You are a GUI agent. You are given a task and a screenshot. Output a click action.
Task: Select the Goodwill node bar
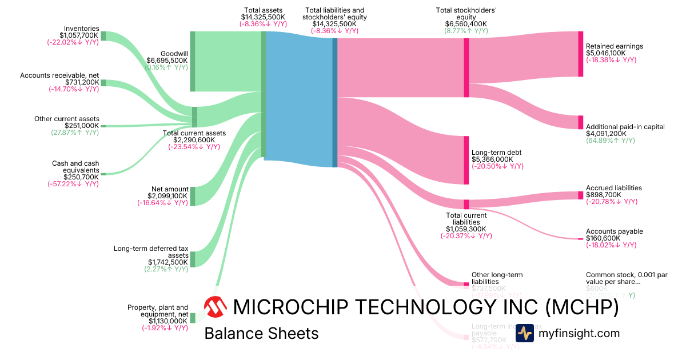tap(193, 61)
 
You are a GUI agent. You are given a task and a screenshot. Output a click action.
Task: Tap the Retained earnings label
tap(615, 46)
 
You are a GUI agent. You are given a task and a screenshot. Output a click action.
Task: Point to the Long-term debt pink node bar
tap(466, 160)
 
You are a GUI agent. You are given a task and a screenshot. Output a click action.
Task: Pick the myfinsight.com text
tap(579, 333)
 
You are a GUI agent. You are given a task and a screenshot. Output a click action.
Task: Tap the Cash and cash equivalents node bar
tap(103, 174)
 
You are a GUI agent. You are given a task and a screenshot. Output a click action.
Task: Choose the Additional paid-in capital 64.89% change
tap(610, 141)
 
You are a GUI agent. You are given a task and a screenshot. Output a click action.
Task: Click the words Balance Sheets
tap(261, 333)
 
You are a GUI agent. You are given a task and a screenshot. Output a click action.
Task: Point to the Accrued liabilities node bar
tap(580, 195)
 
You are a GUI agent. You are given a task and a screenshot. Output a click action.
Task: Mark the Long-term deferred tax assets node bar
tap(193, 259)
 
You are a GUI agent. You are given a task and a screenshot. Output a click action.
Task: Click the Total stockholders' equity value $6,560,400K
tap(466, 23)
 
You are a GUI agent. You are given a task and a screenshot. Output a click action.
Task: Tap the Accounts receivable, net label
tap(59, 75)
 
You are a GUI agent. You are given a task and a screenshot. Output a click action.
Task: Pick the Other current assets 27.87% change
tap(75, 133)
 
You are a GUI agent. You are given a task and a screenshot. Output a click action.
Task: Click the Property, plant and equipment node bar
tap(193, 318)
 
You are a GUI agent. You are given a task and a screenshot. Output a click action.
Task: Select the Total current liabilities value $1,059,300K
tap(466, 229)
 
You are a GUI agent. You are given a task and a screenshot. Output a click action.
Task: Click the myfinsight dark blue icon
tap(524, 333)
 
